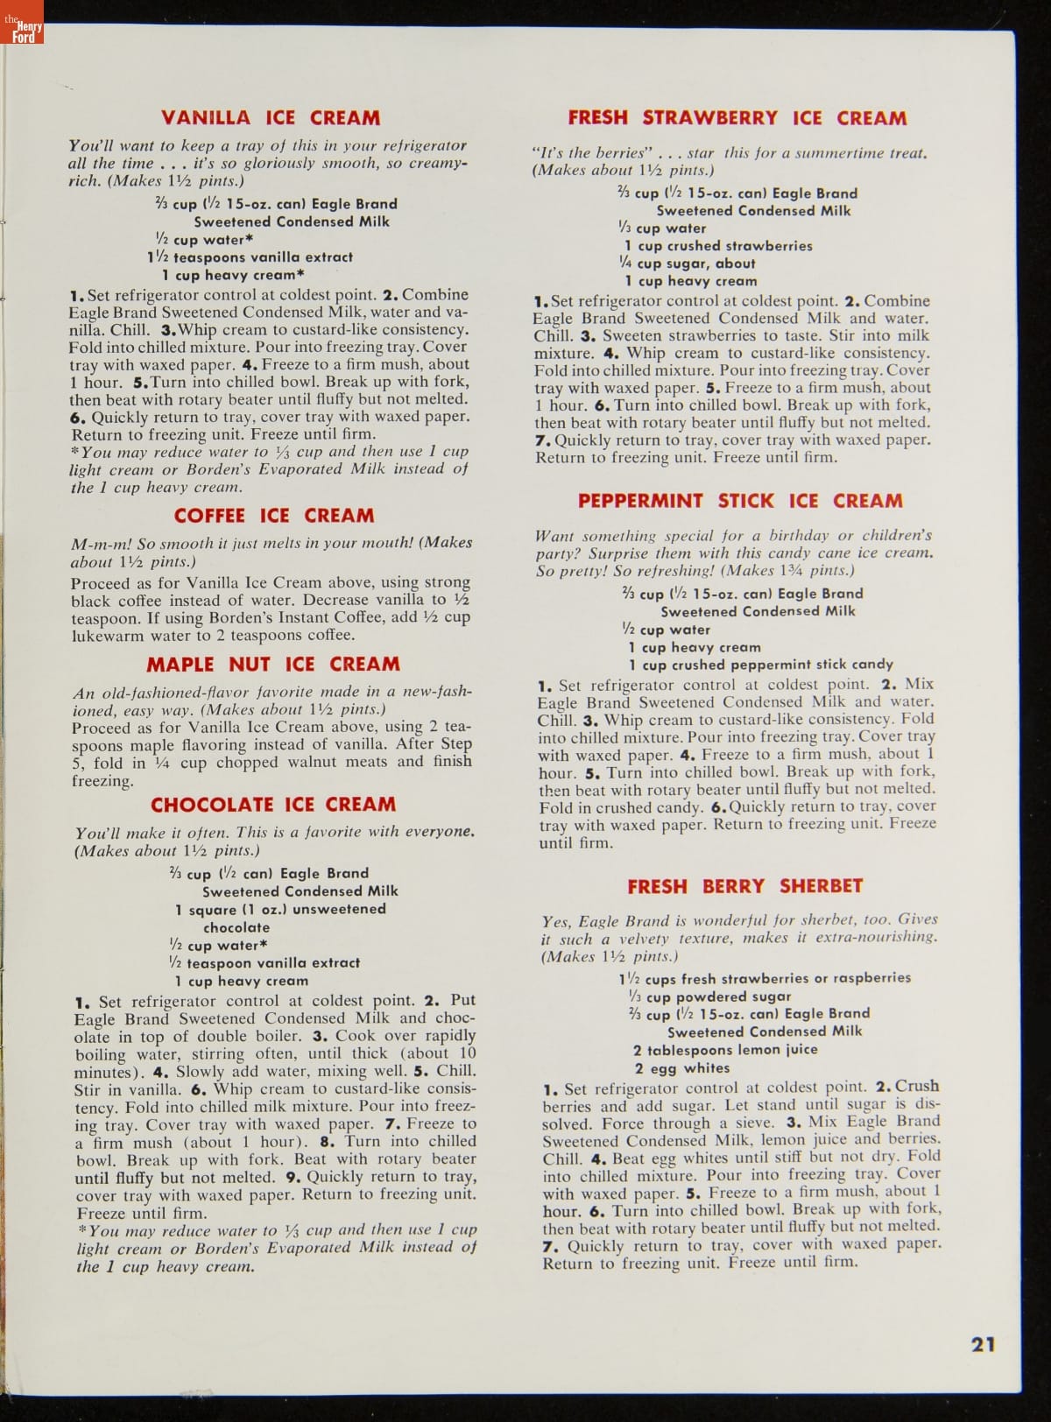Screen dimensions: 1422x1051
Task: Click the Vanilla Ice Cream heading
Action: pos(271,118)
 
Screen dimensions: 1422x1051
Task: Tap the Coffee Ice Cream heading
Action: pos(273,516)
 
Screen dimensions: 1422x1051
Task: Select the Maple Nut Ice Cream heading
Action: pos(272,665)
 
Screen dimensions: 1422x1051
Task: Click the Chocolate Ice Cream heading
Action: pos(272,805)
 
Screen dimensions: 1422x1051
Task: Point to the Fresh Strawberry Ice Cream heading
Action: pos(737,118)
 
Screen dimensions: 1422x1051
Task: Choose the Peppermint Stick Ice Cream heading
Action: pos(739,501)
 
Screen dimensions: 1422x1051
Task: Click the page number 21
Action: pos(984,1344)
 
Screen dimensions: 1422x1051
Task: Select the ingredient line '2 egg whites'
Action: pos(681,1068)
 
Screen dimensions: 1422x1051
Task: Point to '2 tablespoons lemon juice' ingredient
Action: pos(724,1050)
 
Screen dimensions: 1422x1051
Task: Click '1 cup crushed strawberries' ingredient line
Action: pos(718,246)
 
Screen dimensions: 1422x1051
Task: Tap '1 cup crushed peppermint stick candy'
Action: pos(760,665)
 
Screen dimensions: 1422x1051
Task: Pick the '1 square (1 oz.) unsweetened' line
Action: pos(280,910)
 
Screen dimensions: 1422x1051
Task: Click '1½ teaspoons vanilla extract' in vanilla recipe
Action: pos(250,257)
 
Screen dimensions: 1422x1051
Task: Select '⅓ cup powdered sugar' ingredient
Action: pos(709,996)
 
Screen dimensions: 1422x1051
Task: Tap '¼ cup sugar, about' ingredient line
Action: pos(687,264)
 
